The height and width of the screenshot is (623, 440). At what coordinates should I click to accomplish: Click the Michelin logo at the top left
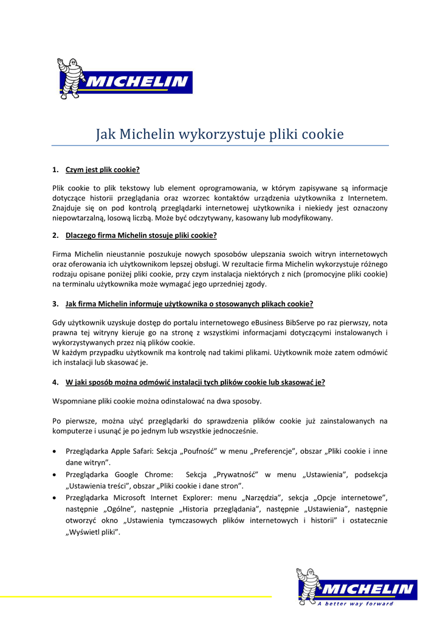(124, 80)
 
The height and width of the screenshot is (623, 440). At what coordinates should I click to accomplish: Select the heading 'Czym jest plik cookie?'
(103, 170)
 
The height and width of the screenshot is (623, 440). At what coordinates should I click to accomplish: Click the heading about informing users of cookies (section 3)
(189, 304)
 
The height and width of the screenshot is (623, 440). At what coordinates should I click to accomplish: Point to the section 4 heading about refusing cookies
(195, 382)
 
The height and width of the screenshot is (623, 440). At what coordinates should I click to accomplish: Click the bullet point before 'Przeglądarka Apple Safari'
(56, 451)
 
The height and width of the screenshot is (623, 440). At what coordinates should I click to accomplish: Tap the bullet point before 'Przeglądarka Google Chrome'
(56, 475)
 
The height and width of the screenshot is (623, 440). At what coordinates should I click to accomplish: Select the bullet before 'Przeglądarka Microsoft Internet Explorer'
(56, 498)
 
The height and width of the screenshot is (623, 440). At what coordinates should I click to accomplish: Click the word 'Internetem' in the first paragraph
(366, 198)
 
